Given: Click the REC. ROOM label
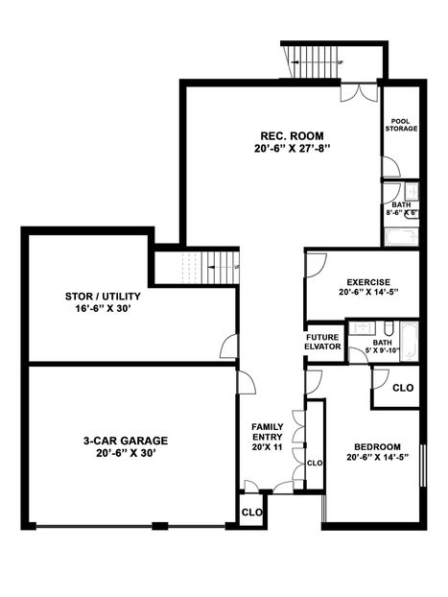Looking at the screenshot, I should point(283,134).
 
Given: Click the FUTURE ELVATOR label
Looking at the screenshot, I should point(323,342).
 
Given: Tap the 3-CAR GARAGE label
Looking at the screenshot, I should point(125,441).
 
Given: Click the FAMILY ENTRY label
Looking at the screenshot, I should point(267,431).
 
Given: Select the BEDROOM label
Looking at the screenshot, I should point(376,446).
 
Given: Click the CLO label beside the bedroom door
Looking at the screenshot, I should point(403,388).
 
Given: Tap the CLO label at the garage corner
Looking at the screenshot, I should point(251,513).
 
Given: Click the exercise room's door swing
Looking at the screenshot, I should point(318,263).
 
